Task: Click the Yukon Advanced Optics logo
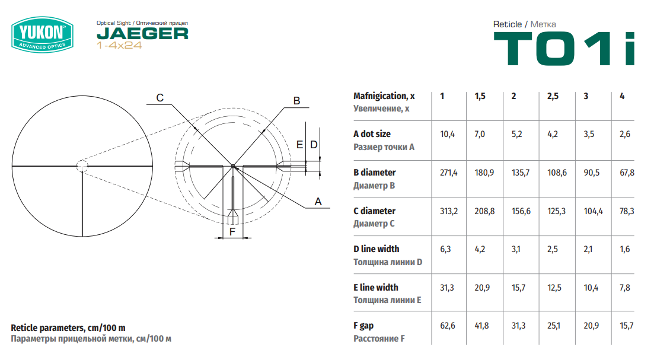43,34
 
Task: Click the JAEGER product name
143,34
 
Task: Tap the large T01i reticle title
564,49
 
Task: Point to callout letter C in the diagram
159,98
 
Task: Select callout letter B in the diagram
296,101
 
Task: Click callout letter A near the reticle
318,202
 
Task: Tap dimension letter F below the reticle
232,232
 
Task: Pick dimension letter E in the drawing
299,145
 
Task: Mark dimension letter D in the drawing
314,145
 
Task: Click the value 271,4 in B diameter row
448,173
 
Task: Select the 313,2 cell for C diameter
449,212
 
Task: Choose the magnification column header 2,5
553,96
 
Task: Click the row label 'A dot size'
372,134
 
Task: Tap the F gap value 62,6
448,326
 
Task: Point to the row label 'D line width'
377,249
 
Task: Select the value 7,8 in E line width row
625,288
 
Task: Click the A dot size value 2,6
625,134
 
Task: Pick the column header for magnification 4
622,96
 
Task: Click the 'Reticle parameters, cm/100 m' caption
68,328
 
